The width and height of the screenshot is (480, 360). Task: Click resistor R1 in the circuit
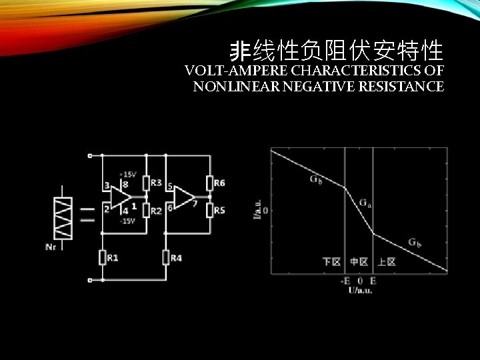coord(102,257)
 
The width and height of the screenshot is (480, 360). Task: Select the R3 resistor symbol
coord(147,183)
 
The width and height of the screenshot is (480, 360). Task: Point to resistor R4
coord(166,257)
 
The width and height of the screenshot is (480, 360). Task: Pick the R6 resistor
coord(209,183)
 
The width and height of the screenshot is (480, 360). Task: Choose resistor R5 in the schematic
coord(209,211)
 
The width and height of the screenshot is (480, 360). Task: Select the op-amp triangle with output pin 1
coord(120,197)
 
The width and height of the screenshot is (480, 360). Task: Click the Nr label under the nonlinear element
coord(51,247)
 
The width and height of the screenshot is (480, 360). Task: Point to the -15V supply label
coord(127,221)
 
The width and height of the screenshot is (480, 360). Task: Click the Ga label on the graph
coord(366,202)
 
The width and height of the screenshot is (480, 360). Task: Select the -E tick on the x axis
coord(345,281)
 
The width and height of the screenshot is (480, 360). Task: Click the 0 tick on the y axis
coord(266,210)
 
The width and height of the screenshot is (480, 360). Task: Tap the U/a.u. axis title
coord(360,289)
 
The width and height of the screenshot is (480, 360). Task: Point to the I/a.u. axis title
coord(258,203)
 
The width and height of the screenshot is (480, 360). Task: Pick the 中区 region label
coord(359,261)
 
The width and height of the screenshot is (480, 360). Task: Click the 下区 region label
coord(331,261)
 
